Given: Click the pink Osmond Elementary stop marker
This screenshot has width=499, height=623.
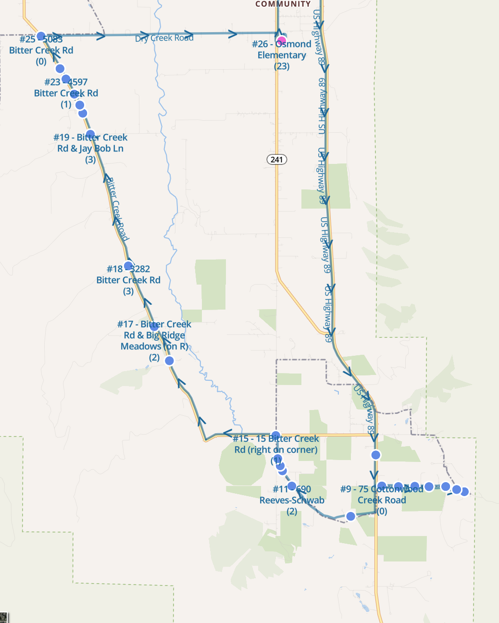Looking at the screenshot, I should tap(281, 40).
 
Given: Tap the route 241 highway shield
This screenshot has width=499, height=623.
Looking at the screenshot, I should tap(277, 159).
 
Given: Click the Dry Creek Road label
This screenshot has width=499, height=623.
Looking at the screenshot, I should tap(164, 38).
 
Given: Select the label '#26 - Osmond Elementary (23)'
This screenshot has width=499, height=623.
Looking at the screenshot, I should tap(282, 55).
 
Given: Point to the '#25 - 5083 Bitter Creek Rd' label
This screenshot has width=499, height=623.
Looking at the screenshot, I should tap(41, 50).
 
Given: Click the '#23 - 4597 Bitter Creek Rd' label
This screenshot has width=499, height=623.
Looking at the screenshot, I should tap(66, 93).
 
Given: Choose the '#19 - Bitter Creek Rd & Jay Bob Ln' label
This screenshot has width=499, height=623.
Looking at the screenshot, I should tap(90, 148).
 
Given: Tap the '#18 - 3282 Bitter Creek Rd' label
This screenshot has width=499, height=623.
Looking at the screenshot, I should tap(128, 280).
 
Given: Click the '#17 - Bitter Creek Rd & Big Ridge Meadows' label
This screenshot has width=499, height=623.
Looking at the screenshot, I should tap(154, 340).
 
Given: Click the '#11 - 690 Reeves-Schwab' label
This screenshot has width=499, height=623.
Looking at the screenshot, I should tap(292, 500).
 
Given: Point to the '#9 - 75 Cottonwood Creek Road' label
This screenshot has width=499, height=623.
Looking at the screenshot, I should tap(382, 500).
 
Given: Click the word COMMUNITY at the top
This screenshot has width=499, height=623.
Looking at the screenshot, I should tap(283, 4).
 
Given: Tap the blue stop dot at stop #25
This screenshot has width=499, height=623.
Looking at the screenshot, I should tap(41, 36).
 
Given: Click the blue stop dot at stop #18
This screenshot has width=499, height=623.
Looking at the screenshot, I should tap(128, 266).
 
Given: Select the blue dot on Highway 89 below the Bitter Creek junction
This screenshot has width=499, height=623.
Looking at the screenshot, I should tap(376, 455).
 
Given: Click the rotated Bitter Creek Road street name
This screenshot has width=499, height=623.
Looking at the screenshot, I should tap(117, 209).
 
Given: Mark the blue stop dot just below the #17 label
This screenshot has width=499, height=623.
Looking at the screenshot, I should tap(169, 361).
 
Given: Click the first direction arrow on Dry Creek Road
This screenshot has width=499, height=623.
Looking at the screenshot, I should tap(100, 36).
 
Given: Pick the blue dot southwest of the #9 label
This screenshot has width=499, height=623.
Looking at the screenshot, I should tap(350, 516).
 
